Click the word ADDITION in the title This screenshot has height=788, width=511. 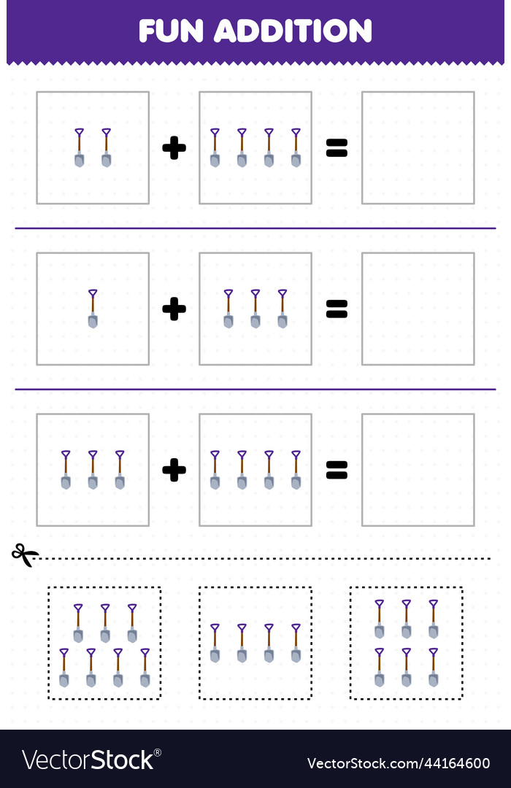(x=293, y=31)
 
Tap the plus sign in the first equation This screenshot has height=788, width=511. (x=174, y=148)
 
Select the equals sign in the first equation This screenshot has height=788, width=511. (x=337, y=148)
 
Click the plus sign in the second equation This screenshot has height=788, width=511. (x=174, y=309)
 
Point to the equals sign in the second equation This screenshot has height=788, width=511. (x=337, y=309)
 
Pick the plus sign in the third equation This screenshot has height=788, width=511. (x=174, y=471)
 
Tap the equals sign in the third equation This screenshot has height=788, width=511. (x=337, y=471)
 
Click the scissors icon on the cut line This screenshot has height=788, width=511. (x=25, y=555)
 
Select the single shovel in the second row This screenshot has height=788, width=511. (x=93, y=309)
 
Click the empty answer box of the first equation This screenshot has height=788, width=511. (x=418, y=147)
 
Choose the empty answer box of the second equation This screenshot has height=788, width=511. (x=418, y=309)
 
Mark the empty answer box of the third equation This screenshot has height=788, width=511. (x=418, y=470)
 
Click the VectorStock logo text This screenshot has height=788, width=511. (x=91, y=761)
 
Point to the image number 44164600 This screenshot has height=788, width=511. (x=399, y=764)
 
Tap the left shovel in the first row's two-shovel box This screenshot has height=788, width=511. (x=79, y=147)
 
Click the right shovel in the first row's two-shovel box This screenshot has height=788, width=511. (x=106, y=147)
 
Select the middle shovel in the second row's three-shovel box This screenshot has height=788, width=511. (x=255, y=309)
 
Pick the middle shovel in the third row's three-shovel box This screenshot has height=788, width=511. (x=93, y=470)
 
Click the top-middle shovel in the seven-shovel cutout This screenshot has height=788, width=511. (x=105, y=623)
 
